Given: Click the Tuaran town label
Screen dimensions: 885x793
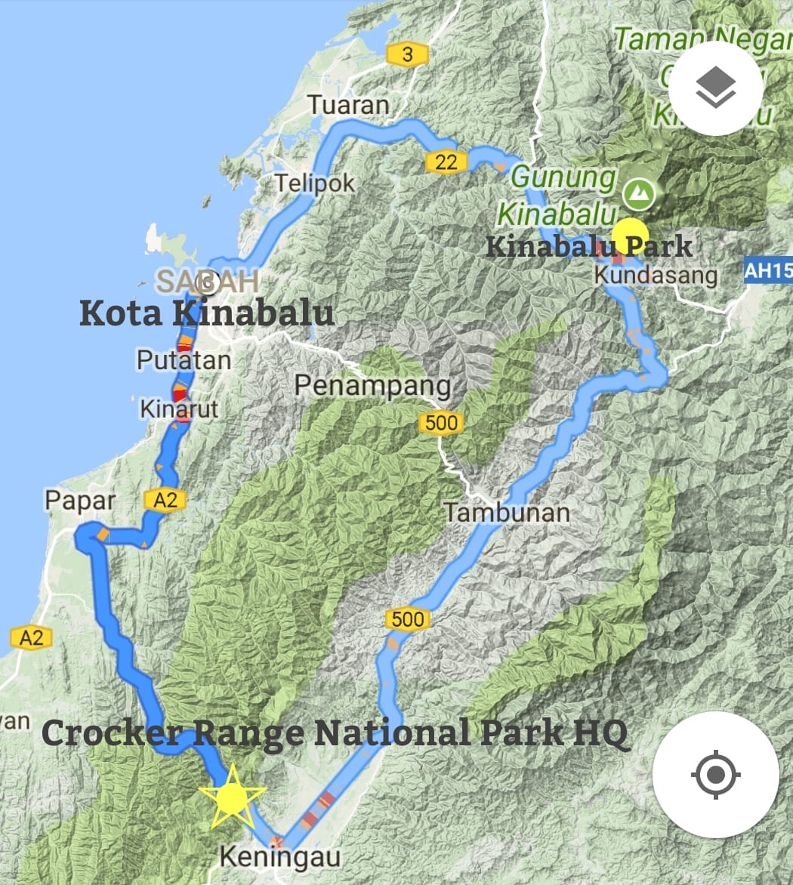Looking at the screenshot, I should pyautogui.click(x=349, y=105).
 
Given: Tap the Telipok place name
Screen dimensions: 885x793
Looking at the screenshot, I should pyautogui.click(x=314, y=183).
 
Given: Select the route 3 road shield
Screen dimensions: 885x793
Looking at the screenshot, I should pyautogui.click(x=408, y=54).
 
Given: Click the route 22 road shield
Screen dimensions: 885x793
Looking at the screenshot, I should pyautogui.click(x=446, y=162).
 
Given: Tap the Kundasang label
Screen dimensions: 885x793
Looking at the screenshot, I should pyautogui.click(x=656, y=275).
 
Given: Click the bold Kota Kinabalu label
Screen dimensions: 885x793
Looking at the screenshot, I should pyautogui.click(x=206, y=313).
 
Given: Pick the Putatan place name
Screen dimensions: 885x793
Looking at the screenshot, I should pyautogui.click(x=184, y=360).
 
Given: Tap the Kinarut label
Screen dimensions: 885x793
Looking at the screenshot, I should pyautogui.click(x=179, y=409).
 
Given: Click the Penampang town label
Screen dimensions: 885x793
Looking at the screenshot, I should pyautogui.click(x=372, y=386).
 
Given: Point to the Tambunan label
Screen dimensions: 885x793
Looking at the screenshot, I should pyautogui.click(x=506, y=513).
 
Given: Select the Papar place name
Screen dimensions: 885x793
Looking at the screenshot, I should pyautogui.click(x=80, y=501).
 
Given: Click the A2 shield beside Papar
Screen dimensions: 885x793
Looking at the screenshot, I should pyautogui.click(x=165, y=499).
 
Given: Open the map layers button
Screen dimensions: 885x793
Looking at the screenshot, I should pyautogui.click(x=715, y=88).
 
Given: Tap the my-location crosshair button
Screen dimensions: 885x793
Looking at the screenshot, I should pyautogui.click(x=715, y=775).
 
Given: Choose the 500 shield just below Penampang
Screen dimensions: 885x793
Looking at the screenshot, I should pyautogui.click(x=441, y=423).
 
